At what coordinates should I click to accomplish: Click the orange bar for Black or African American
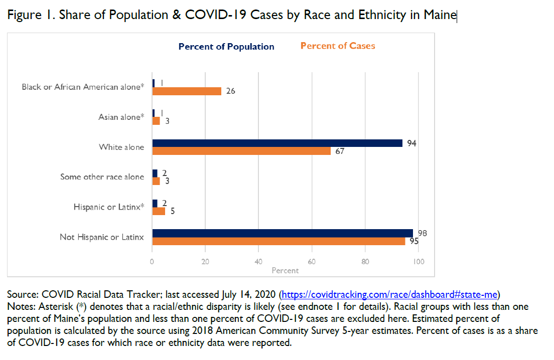pyautogui.click(x=187, y=91)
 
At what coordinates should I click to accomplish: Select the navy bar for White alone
pyautogui.click(x=277, y=143)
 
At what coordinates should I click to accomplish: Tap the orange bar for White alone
pyautogui.click(x=241, y=151)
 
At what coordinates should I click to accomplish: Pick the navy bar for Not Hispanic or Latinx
pyautogui.click(x=283, y=233)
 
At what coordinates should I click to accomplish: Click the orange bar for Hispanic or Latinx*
pyautogui.click(x=159, y=211)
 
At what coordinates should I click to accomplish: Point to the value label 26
pyautogui.click(x=230, y=91)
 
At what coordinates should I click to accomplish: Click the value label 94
pyautogui.click(x=412, y=143)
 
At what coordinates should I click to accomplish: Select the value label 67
pyautogui.click(x=340, y=151)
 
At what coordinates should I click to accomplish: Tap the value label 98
pyautogui.click(x=422, y=234)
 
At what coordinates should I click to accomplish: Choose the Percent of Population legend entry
pyautogui.click(x=226, y=47)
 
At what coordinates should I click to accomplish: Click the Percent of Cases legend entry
pyautogui.click(x=338, y=46)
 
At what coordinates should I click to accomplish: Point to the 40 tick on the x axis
pyautogui.click(x=258, y=261)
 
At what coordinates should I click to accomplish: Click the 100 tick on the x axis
pyautogui.click(x=418, y=261)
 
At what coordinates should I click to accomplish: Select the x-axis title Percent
pyautogui.click(x=285, y=270)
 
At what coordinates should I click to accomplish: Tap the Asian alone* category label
pyautogui.click(x=121, y=117)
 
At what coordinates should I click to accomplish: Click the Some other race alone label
pyautogui.click(x=102, y=176)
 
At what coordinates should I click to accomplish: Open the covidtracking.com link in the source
pyautogui.click(x=389, y=294)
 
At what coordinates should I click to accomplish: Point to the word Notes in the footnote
pyautogui.click(x=19, y=306)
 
